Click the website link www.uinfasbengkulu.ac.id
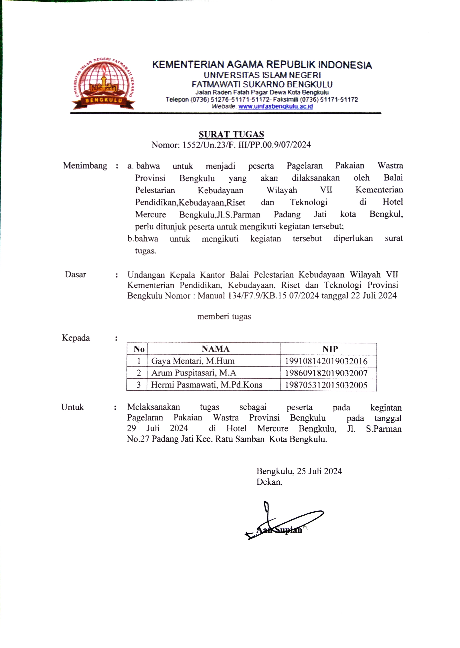coord(275,107)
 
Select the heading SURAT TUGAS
coord(231,134)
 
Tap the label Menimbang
coord(85,165)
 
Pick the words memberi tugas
coord(224,317)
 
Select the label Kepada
coord(76,338)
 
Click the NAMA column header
coord(215,349)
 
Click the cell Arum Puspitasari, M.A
coord(194,373)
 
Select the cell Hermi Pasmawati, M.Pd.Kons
coord(206,385)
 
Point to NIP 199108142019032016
coord(326,361)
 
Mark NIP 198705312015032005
coord(326,385)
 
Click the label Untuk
coord(73,407)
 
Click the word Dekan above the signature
coord(269,482)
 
